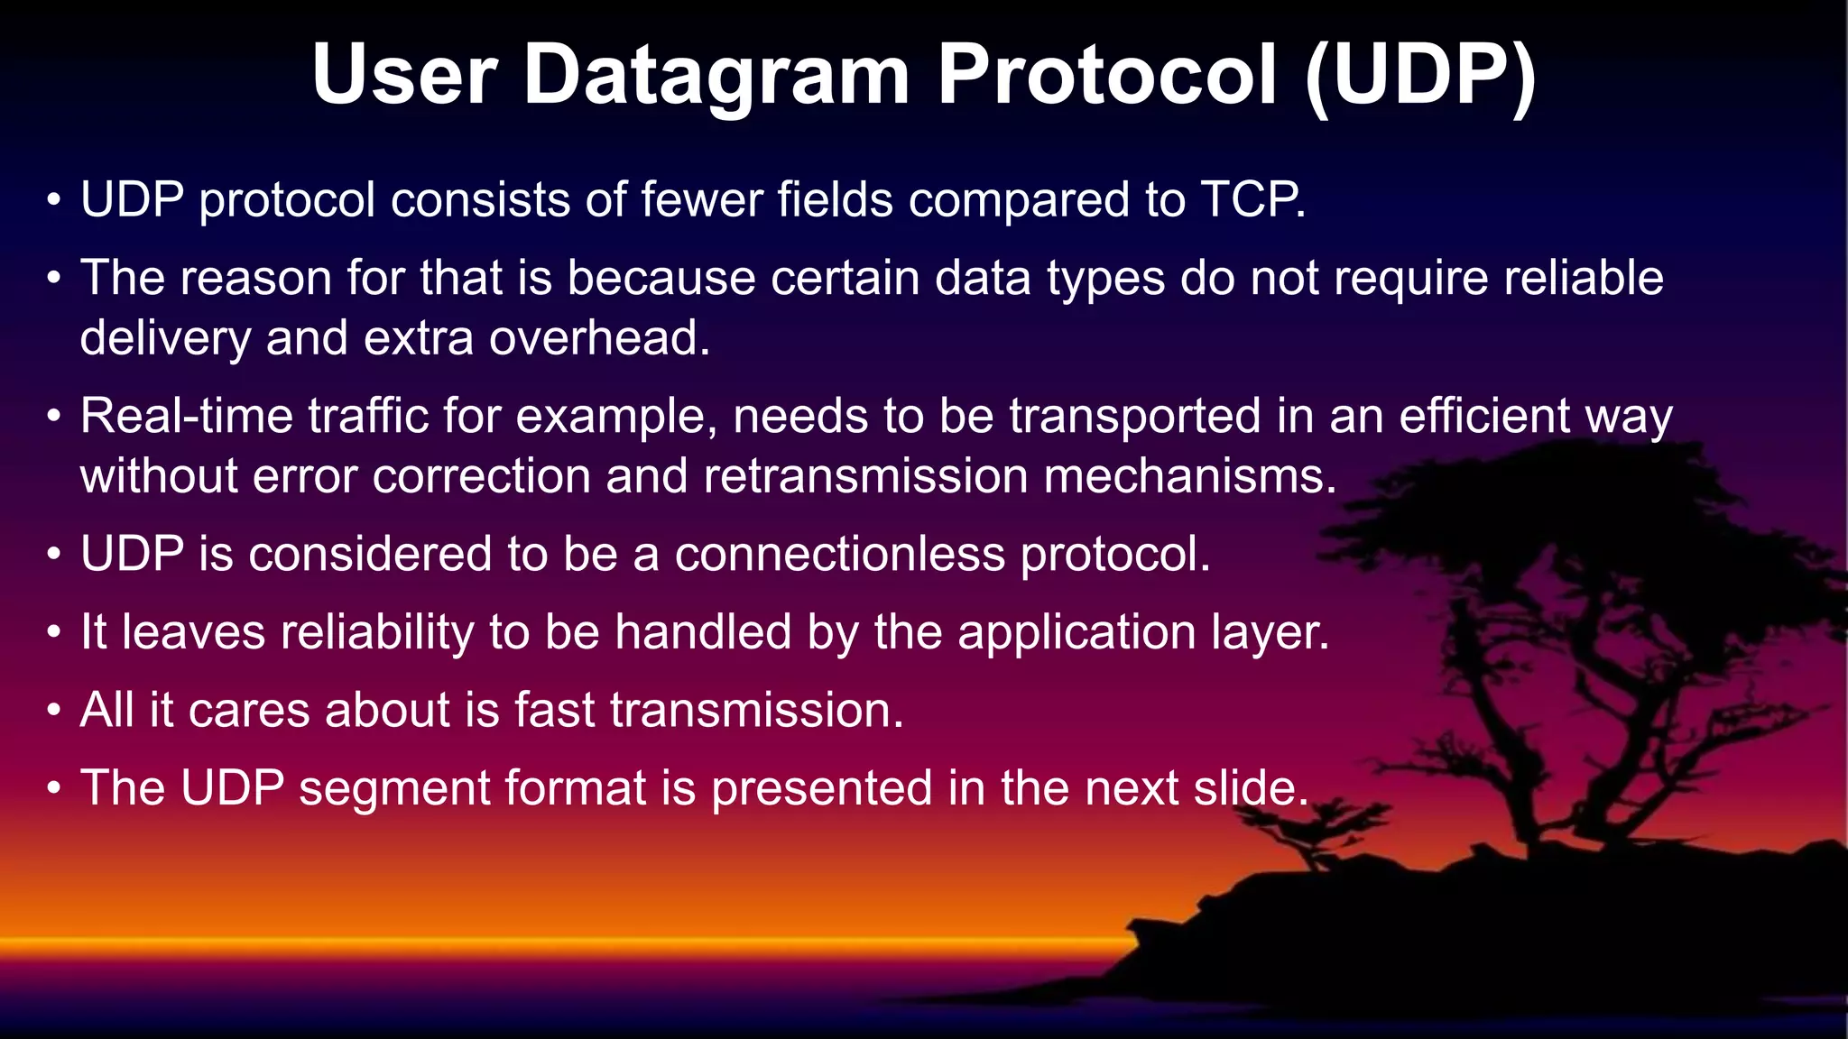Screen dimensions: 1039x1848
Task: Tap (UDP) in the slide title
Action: click(x=1420, y=76)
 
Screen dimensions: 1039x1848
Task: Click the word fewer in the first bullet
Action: click(x=701, y=199)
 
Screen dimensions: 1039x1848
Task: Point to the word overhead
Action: click(x=599, y=338)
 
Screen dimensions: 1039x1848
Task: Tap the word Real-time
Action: click(x=186, y=416)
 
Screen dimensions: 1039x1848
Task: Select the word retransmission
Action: click(x=865, y=475)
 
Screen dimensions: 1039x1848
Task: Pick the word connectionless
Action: click(x=839, y=554)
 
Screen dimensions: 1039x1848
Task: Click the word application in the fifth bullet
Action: click(x=1076, y=632)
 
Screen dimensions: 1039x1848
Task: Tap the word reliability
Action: click(x=376, y=632)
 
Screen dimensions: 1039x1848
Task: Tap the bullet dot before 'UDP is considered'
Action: click(x=55, y=556)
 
